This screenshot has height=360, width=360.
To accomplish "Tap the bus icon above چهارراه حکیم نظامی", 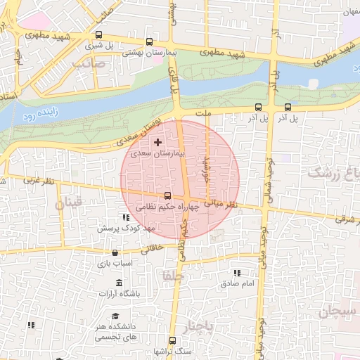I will tap(167, 196).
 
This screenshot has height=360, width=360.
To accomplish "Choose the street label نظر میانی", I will tap(223, 205).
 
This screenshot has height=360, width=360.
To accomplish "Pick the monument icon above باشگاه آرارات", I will tap(120, 283).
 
